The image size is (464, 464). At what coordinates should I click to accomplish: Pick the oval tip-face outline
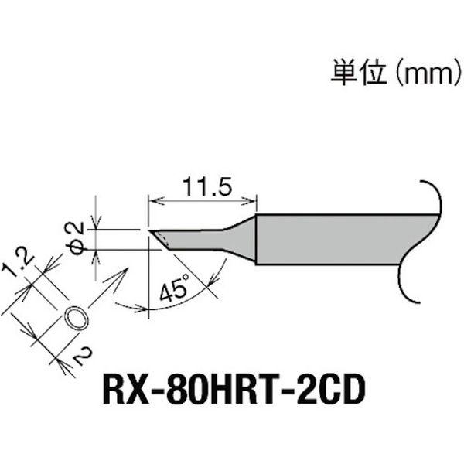click(75, 319)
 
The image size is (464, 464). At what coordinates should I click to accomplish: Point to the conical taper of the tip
click(244, 237)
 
